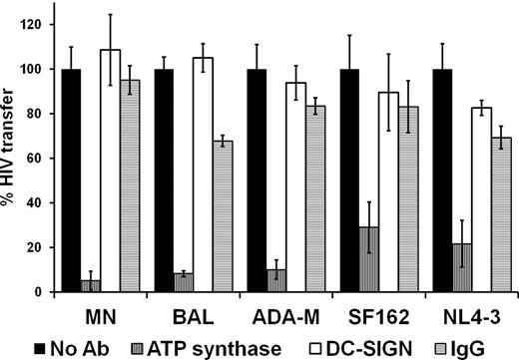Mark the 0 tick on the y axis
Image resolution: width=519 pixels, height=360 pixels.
pyautogui.click(x=45, y=292)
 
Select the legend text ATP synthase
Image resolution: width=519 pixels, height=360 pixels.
pyautogui.click(x=194, y=344)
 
